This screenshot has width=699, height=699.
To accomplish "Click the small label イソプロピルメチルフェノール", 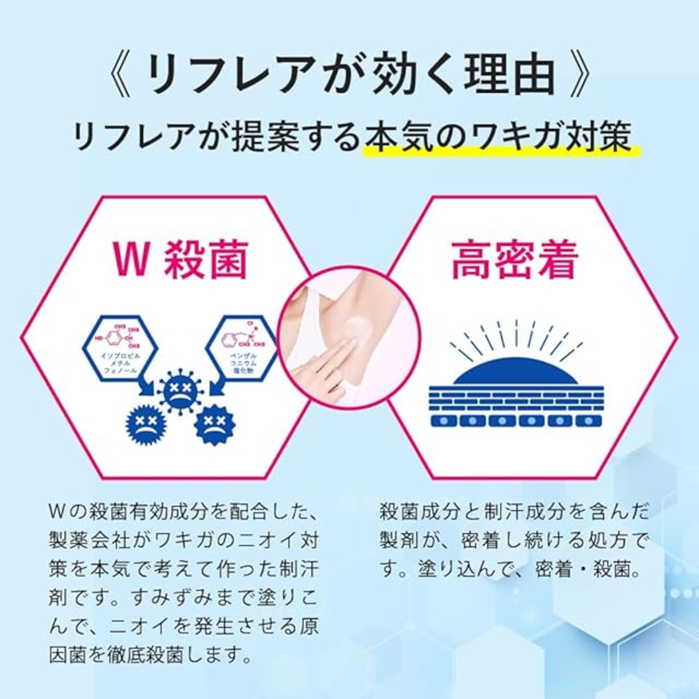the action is coord(121,363).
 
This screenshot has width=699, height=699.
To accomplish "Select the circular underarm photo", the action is coord(349,339).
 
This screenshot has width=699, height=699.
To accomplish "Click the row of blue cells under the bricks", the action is coord(516,420).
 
